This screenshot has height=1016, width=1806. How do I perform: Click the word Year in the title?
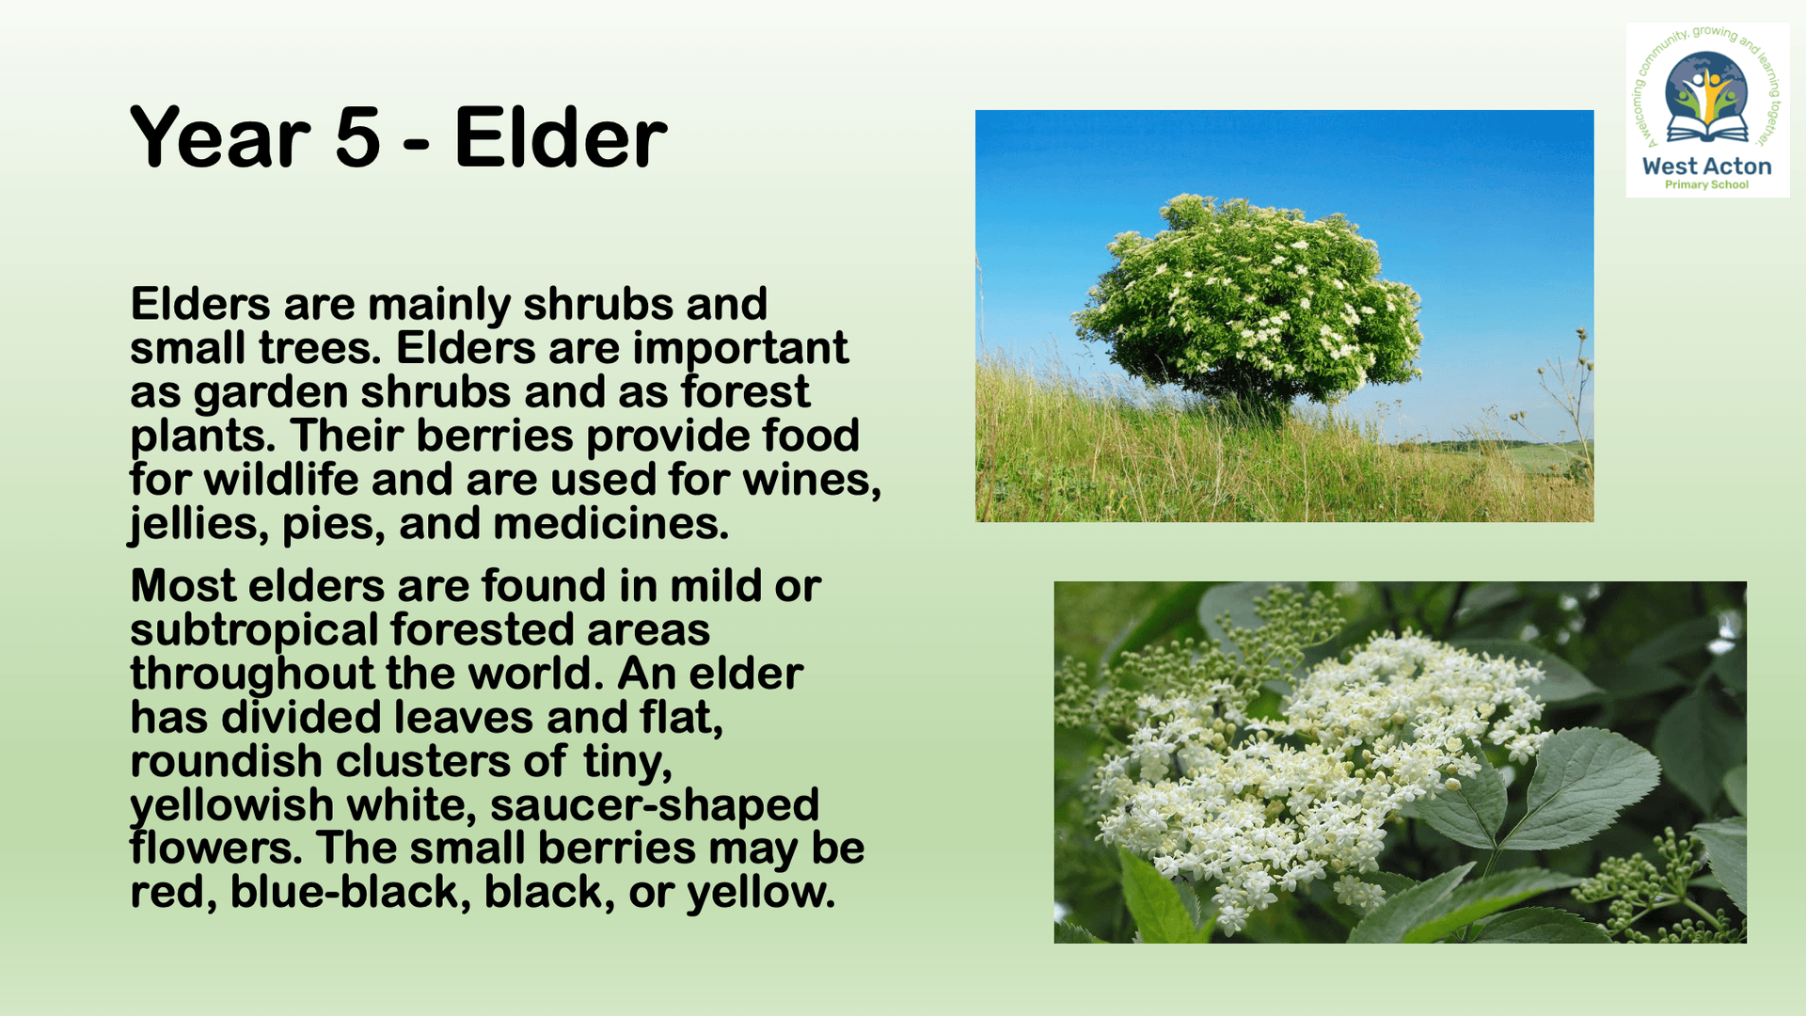(220, 138)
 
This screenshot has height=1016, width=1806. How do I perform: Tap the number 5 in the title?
(357, 138)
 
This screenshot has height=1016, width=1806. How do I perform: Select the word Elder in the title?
(561, 136)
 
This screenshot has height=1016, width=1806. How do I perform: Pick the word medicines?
(611, 523)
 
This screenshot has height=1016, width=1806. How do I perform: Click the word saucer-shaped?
(655, 805)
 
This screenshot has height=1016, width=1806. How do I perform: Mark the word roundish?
(227, 761)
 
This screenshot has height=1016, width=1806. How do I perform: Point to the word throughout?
(252, 674)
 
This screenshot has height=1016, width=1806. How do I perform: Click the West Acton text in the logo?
(1706, 167)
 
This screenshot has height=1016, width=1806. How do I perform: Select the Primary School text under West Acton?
(1706, 184)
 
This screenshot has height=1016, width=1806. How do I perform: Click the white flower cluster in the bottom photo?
(1317, 762)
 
